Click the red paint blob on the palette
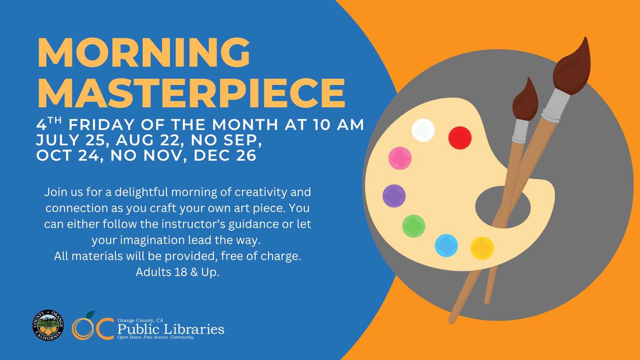460,138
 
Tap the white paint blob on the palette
423,130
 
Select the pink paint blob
400,158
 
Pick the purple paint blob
394,196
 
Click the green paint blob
414,226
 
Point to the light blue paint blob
446,246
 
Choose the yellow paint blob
482,248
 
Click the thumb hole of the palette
503,207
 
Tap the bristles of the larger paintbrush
572,67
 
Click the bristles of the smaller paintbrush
526,100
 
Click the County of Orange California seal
48,325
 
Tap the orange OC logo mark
93,327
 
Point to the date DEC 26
225,155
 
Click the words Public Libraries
171,329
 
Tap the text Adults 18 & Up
177,272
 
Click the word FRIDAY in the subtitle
101,125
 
